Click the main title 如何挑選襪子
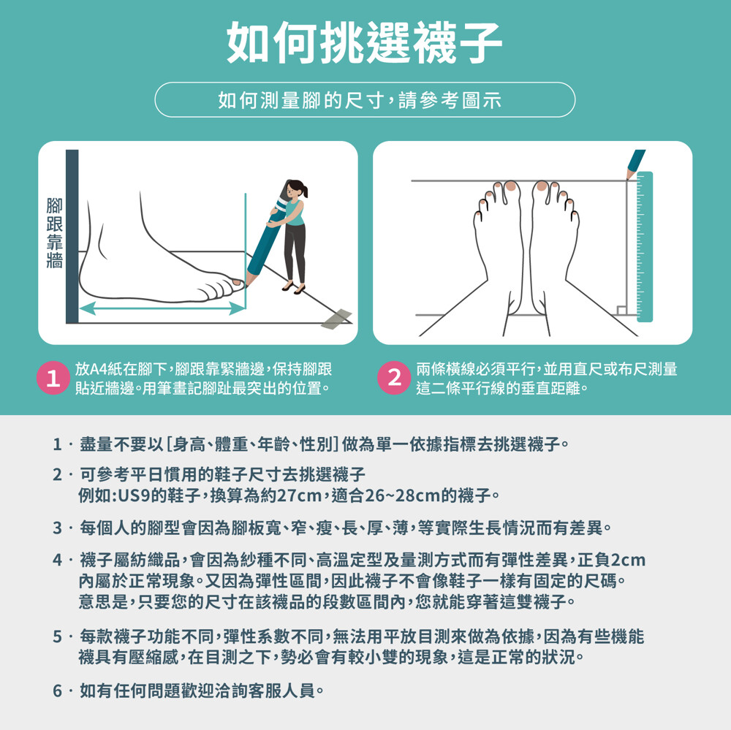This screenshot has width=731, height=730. click(364, 42)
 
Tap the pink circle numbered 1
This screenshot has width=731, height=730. click(53, 378)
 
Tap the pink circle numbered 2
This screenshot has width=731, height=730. click(394, 378)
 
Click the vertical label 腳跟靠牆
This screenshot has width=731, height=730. click(55, 233)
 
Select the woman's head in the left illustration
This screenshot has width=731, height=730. click(296, 189)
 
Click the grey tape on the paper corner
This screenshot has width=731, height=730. click(336, 319)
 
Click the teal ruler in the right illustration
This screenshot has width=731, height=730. click(645, 246)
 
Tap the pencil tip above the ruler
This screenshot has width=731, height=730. click(629, 177)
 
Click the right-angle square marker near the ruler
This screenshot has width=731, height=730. click(621, 311)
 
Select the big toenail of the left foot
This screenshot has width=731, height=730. click(511, 186)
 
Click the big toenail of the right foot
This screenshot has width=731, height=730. click(542, 186)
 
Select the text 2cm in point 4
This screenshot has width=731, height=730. click(628, 560)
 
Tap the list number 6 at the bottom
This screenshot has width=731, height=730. click(57, 691)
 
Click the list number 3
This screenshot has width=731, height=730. click(57, 528)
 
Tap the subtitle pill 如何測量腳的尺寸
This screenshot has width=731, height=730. click(365, 100)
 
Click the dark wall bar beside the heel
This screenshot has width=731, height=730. click(72, 236)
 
